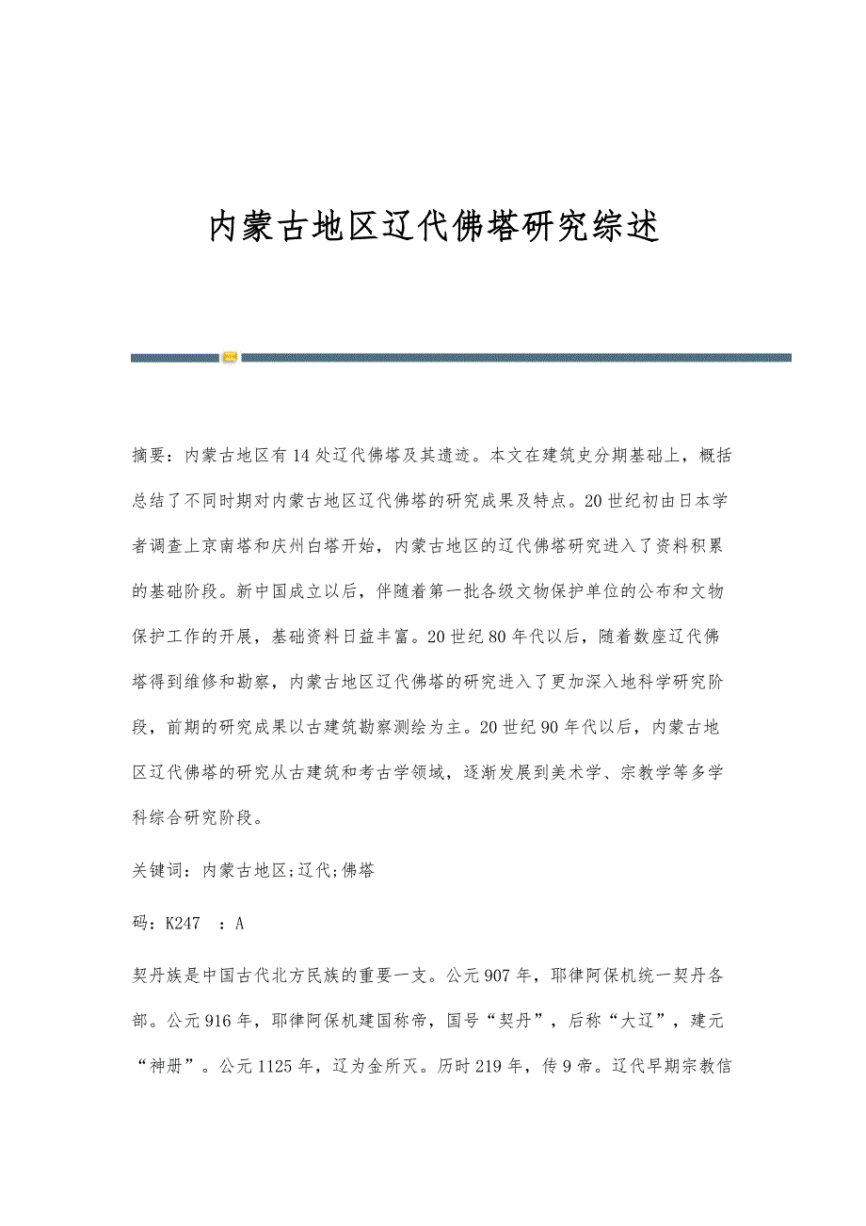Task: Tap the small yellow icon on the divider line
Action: click(229, 358)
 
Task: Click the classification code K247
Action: click(183, 924)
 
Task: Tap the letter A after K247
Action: click(239, 924)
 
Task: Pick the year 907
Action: click(496, 976)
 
